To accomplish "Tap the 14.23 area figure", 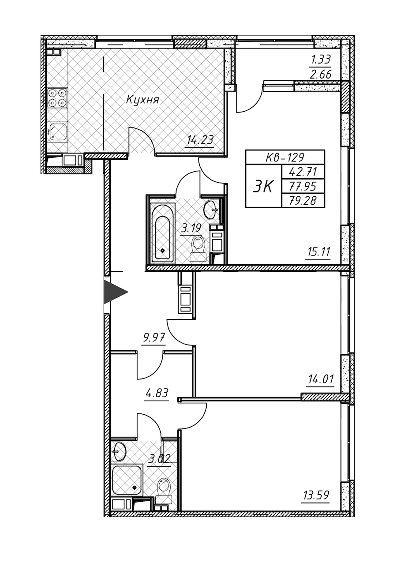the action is (200, 139).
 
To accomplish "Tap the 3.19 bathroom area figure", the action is (191, 229).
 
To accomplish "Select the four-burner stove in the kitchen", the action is (57, 98).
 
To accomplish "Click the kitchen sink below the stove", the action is (57, 131).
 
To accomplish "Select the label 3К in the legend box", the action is (263, 186).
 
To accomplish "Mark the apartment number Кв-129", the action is (285, 158).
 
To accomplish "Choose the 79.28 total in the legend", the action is (303, 201).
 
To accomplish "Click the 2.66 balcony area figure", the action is (320, 75).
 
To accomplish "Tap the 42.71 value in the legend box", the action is (303, 172).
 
